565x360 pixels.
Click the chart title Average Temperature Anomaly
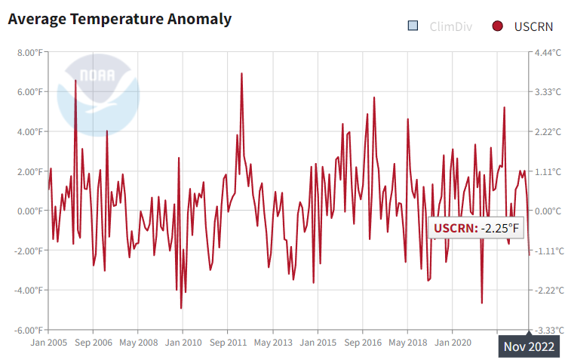pos(119,19)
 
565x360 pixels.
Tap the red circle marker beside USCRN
pos(497,26)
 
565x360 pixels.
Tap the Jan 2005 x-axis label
pos(49,342)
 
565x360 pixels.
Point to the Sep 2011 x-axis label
pos(228,342)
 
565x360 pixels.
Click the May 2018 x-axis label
pos(407,342)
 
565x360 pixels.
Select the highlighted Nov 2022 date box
pos(529,346)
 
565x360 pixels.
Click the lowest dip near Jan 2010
pos(181,307)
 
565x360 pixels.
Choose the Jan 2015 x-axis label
pos(318,342)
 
